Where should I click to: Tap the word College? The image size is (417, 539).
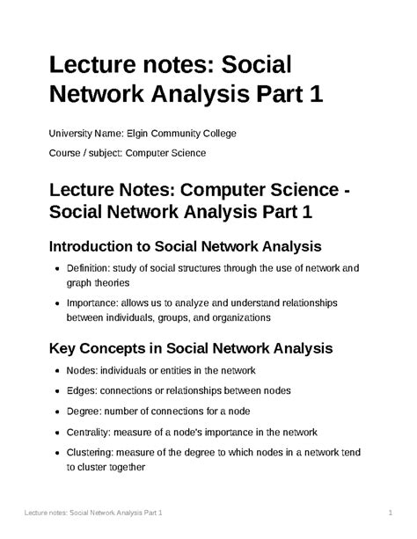[x=237, y=133]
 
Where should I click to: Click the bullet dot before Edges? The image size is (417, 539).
[x=57, y=390]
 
